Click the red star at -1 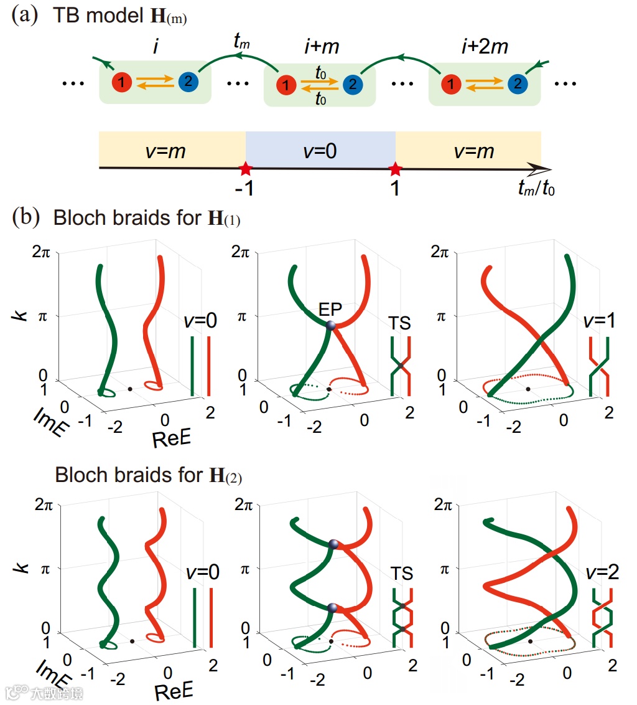(x=246, y=169)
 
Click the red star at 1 (x=395, y=169)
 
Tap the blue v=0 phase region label (x=321, y=150)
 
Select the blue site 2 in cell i (x=188, y=81)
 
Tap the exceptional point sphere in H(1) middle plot (x=330, y=324)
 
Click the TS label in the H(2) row (x=402, y=573)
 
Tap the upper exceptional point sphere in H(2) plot (x=334, y=544)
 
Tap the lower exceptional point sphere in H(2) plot (x=332, y=608)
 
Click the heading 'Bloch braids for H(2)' (x=148, y=476)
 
